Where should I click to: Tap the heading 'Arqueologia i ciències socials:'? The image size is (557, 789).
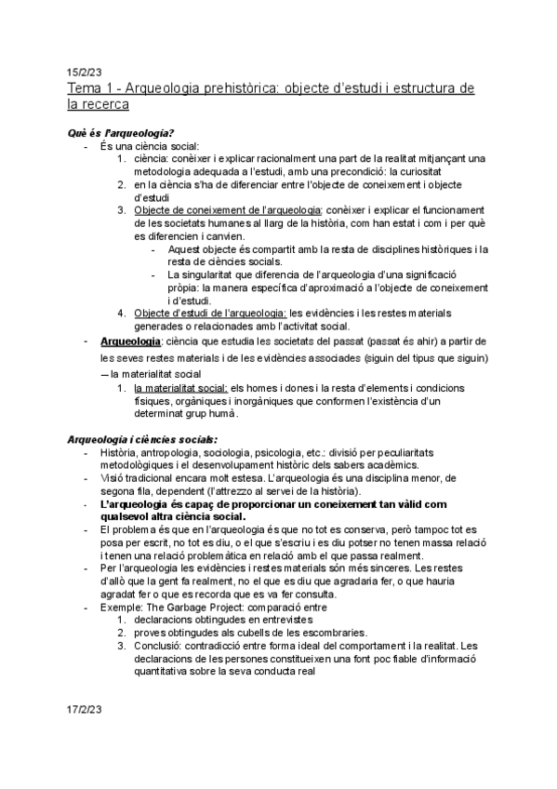142,437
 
